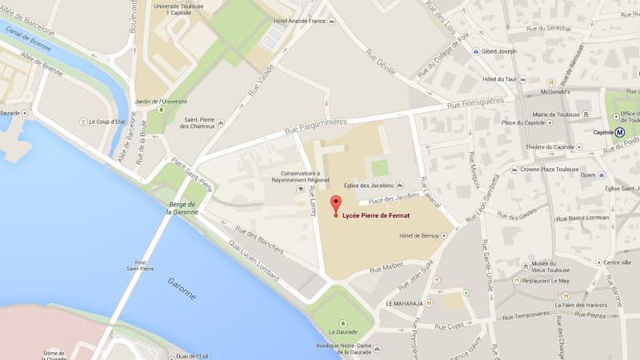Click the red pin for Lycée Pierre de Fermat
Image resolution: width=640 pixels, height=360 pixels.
point(335,204)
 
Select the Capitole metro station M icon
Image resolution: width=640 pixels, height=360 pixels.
point(619,132)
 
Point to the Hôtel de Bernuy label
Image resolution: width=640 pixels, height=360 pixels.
point(420,236)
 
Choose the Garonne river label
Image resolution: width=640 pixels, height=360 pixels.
point(182,288)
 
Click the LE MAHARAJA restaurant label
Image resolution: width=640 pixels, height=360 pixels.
point(404,304)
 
